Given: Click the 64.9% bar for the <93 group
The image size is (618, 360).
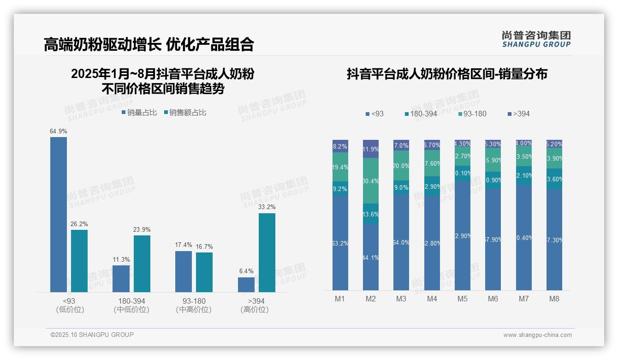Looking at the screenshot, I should tap(59, 214).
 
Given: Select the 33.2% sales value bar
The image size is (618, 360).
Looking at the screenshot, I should tap(267, 252).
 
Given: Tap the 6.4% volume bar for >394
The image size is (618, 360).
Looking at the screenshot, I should tap(246, 284).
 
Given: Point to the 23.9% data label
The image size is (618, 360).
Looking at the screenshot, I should tap(142, 229).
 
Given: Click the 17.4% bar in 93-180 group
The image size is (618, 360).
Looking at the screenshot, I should tap(184, 271).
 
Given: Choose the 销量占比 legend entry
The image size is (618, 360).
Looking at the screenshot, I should tap(139, 113).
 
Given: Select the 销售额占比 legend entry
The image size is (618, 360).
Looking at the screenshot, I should tap(185, 113).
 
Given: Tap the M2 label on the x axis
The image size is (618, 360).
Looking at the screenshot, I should tap(370, 299).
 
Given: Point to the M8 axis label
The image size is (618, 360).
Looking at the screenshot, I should tap(554, 299).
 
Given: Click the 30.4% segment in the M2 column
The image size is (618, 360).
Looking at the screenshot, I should tap(371, 180).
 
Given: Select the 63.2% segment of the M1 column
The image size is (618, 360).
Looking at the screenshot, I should tap(340, 243).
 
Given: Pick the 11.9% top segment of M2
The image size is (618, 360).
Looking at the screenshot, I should tap(371, 149).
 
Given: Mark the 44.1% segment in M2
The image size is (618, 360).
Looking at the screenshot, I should tap(371, 257).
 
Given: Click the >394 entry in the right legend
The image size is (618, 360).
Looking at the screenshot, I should tap(518, 114).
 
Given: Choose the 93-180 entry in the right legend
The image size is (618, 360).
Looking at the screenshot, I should tap(472, 114).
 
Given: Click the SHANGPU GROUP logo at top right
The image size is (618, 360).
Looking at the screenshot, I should tap(536, 39).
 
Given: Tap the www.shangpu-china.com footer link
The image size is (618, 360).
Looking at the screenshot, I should tap(537, 335).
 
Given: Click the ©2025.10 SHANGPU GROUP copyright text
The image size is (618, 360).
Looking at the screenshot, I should tap(92, 335).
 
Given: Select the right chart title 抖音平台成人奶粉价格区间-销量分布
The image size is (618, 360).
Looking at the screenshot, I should tap(447, 74).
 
